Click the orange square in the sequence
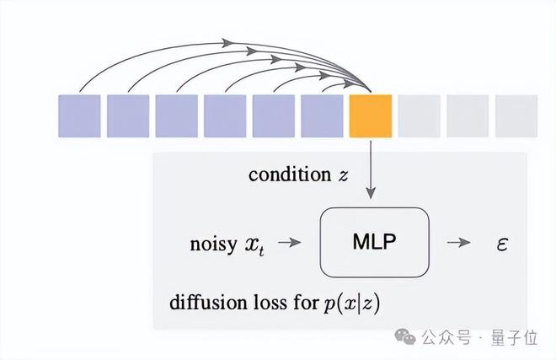click(x=371, y=116)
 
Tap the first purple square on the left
click(x=79, y=116)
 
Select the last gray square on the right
click(x=516, y=116)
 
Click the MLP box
click(x=374, y=242)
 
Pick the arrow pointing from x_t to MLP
click(x=289, y=243)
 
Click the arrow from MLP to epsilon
click(x=459, y=243)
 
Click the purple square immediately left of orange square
click(x=322, y=116)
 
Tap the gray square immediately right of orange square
click(x=419, y=116)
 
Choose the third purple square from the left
click(x=176, y=116)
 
